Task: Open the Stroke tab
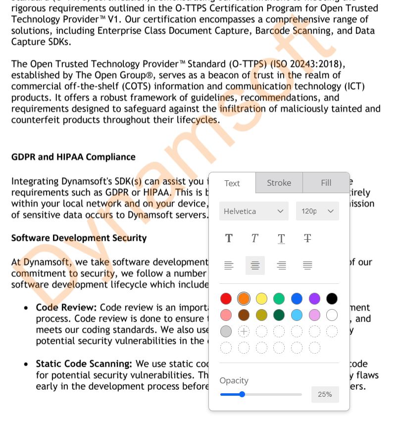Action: pyautogui.click(x=279, y=183)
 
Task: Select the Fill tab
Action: pyautogui.click(x=326, y=183)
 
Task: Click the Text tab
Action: pyautogui.click(x=232, y=183)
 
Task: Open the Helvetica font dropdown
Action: pyautogui.click(x=253, y=211)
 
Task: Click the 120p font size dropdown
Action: pyautogui.click(x=317, y=211)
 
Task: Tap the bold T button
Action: pyautogui.click(x=229, y=238)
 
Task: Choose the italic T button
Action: pyautogui.click(x=255, y=238)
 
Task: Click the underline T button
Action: pyautogui.click(x=281, y=238)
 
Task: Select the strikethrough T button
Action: pyautogui.click(x=307, y=238)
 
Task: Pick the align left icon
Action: pyautogui.click(x=229, y=265)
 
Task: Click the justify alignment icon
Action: pyautogui.click(x=307, y=265)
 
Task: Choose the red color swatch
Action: pyautogui.click(x=226, y=299)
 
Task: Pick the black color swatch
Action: pyautogui.click(x=332, y=299)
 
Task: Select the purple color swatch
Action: pyautogui.click(x=314, y=299)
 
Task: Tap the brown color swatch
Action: pyautogui.click(x=244, y=315)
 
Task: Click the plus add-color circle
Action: pyautogui.click(x=244, y=331)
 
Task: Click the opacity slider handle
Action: pyautogui.click(x=242, y=394)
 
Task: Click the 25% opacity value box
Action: pyautogui.click(x=325, y=394)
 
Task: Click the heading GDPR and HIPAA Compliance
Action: pyautogui.click(x=73, y=157)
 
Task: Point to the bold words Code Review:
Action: pyautogui.click(x=66, y=308)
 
